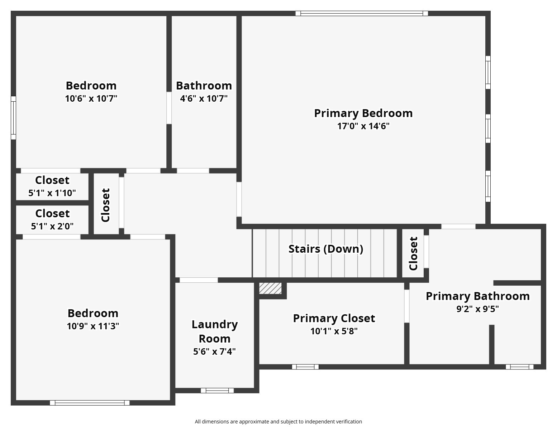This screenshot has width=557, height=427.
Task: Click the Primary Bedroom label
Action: [363, 113]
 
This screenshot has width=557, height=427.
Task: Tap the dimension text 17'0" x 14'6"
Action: [363, 126]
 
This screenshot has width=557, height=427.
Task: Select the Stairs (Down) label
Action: [325, 249]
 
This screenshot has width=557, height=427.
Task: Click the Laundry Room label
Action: [214, 331]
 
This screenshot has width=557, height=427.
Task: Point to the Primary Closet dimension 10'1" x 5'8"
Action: [334, 331]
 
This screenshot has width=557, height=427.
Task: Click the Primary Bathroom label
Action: [477, 296]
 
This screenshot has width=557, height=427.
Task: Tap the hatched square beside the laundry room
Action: [270, 288]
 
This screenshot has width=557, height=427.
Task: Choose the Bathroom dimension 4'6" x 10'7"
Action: [204, 98]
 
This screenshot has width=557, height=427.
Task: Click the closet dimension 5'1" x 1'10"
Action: [52, 193]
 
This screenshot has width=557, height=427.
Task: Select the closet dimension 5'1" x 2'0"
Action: [52, 226]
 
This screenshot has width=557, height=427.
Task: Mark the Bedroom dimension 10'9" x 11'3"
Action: [93, 326]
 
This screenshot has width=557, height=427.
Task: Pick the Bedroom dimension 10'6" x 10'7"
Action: [91, 98]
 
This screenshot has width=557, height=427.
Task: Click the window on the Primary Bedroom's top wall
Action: [362, 14]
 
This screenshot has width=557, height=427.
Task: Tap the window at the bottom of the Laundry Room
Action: [217, 390]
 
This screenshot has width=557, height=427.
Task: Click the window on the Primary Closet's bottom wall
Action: [305, 367]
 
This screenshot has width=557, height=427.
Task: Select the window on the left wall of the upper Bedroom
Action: [13, 118]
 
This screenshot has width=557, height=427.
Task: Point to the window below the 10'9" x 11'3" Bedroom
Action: [90, 403]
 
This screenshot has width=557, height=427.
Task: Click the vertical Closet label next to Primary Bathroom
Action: [413, 253]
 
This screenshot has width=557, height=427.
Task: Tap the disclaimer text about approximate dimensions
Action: [278, 422]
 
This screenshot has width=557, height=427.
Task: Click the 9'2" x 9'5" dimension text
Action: [477, 309]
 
